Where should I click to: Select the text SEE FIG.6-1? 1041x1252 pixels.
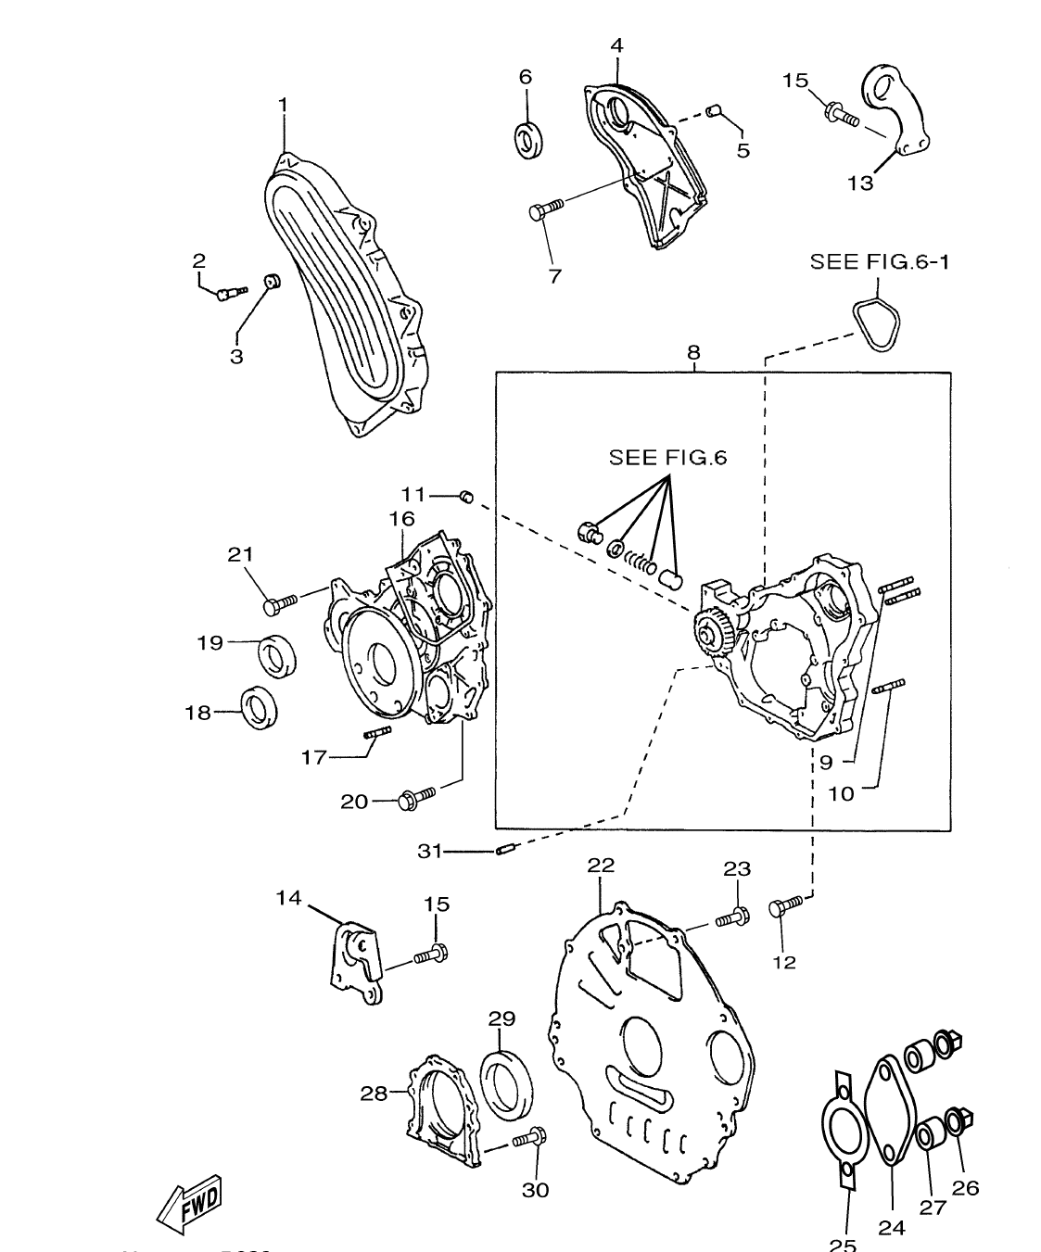(879, 262)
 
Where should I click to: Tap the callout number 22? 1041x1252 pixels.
(601, 866)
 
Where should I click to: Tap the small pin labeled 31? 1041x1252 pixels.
(505, 848)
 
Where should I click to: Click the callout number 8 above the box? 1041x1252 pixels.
(693, 353)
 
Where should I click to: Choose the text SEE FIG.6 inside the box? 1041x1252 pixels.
(667, 457)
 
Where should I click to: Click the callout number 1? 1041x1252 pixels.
(283, 106)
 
